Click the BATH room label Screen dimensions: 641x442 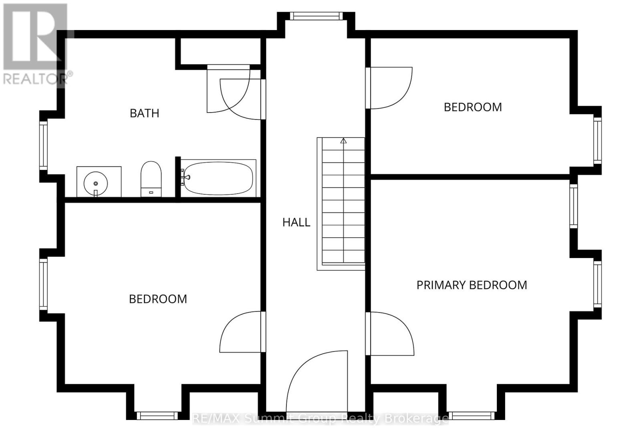[x=145, y=113]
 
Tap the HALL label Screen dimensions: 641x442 [x=296, y=222]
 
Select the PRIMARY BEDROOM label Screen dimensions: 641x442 [x=472, y=285]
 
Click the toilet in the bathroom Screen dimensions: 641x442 [x=151, y=179]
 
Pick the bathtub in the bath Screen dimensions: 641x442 [x=218, y=178]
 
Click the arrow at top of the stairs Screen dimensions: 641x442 [x=343, y=141]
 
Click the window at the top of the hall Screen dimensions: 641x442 [x=316, y=16]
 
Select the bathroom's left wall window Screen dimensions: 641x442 [x=43, y=144]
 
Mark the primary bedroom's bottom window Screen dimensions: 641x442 [x=472, y=416]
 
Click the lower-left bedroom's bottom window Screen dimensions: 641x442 [x=157, y=416]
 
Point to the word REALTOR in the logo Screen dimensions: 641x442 [x=34, y=79]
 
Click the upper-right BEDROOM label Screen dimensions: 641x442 [x=473, y=107]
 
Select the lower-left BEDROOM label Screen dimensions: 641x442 [x=158, y=299]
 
